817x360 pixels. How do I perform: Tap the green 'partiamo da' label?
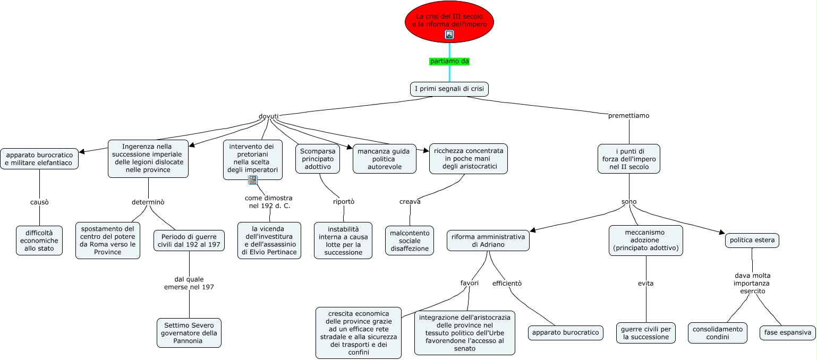pos(449,61)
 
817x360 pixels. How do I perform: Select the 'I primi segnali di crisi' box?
pos(449,89)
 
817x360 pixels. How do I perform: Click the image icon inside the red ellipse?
pos(449,35)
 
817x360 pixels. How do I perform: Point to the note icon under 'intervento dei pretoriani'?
pos(253,180)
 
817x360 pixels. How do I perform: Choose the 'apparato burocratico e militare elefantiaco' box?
pos(39,159)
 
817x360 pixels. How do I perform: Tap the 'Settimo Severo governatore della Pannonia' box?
pos(189,333)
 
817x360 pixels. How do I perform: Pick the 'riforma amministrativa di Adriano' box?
pos(488,241)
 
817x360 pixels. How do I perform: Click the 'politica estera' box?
pos(752,241)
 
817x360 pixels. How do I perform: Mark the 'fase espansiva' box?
pos(787,333)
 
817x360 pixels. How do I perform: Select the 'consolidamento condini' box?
pos(717,333)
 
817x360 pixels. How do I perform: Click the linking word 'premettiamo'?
pos(628,115)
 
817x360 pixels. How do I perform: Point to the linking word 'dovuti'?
pos(268,116)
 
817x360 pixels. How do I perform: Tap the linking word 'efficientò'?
pos(507,283)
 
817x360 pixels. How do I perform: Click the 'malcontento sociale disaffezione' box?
pos(409,241)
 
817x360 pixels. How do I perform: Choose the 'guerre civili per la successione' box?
pos(646,333)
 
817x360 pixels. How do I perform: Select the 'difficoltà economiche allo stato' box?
pos(39,241)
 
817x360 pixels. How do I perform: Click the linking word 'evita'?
pos(645,283)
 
